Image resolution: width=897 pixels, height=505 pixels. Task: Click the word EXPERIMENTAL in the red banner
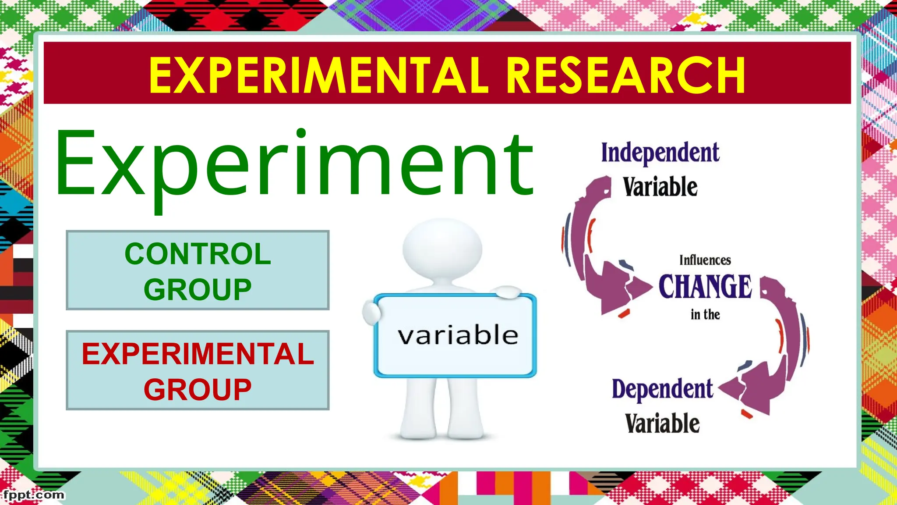tap(318, 75)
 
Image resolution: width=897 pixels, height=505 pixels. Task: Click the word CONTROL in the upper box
tap(198, 254)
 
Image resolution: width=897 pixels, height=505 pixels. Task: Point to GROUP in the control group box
tap(198, 290)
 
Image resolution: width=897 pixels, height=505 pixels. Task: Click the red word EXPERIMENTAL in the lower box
tap(198, 354)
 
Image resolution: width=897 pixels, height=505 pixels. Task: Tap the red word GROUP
tap(198, 390)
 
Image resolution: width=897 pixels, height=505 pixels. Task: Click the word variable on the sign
tap(458, 335)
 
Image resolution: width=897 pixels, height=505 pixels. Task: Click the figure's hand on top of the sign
tap(508, 292)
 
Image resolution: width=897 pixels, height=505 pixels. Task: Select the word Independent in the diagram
tap(660, 153)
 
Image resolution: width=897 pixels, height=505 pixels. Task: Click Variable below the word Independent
tap(660, 187)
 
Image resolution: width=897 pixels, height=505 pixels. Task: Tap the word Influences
tap(705, 260)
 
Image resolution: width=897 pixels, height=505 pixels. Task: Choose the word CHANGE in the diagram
tap(705, 287)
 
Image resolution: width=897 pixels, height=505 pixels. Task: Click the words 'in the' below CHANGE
tap(705, 314)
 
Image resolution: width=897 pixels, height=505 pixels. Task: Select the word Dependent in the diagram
tap(662, 389)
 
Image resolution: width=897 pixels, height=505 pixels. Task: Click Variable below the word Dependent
tap(662, 423)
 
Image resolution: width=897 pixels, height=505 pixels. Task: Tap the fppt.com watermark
tap(33, 495)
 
